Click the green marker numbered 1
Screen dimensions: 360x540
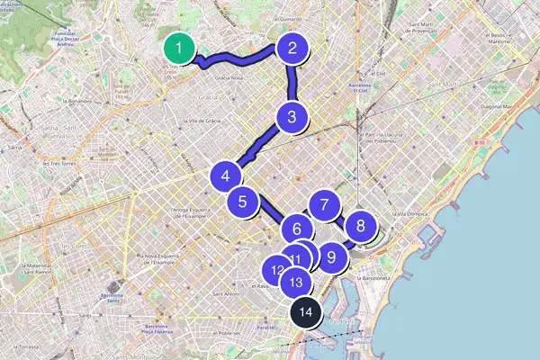point(180,49)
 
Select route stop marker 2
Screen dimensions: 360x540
point(292,49)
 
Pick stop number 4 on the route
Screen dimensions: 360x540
point(225,177)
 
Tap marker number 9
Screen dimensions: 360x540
point(332,256)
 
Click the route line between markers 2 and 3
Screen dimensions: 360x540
point(292,83)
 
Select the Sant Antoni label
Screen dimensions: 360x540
point(224,293)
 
